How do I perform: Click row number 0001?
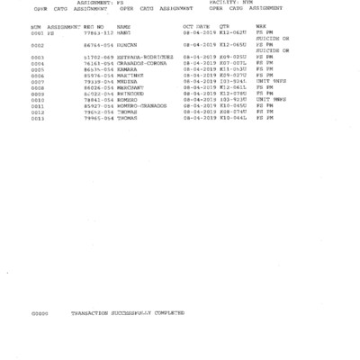[36, 32]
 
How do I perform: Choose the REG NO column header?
[94, 27]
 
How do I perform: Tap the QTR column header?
[224, 27]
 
